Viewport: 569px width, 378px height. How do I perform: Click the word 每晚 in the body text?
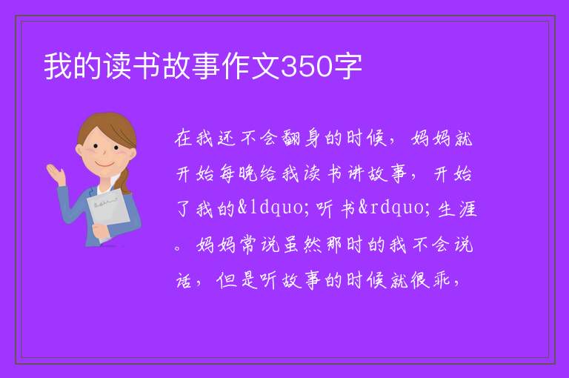[x=239, y=174]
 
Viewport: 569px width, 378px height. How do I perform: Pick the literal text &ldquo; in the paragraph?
[x=270, y=208]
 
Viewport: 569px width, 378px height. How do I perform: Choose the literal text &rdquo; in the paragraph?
[x=395, y=208]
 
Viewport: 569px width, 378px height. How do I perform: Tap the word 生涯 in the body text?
[x=457, y=209]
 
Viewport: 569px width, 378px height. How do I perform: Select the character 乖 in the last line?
[x=440, y=280]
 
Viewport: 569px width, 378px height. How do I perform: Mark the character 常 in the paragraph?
[x=249, y=245]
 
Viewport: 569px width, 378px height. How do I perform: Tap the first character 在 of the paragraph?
[x=184, y=139]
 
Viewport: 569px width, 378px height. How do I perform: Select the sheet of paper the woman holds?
[x=107, y=213]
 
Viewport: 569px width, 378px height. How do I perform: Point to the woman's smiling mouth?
[x=104, y=165]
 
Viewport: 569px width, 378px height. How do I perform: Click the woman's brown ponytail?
[x=124, y=180]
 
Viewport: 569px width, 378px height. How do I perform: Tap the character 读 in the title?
[x=119, y=67]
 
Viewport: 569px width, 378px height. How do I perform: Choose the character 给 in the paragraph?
[x=268, y=174]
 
